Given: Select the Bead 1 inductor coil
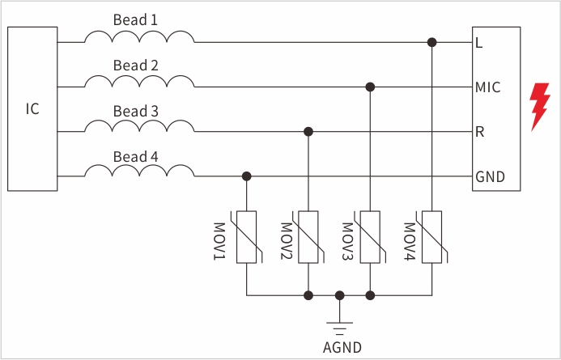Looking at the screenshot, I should [139, 37].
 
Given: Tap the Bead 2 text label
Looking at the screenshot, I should [135, 66].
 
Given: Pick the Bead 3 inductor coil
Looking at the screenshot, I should [139, 126].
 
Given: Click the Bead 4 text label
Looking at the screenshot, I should [135, 156].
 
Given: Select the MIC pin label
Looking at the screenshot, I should [488, 87].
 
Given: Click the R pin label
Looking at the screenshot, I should [480, 132].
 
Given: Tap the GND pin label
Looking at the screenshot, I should [490, 176].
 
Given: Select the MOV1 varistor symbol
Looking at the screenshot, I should [246, 236].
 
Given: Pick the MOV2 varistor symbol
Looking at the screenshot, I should [308, 236].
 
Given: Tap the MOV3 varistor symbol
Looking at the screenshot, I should [370, 236].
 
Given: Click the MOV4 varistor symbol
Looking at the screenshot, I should [432, 236].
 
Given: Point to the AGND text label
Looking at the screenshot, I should [341, 348].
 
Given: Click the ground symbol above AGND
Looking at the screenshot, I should [340, 325].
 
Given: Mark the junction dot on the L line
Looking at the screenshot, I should [432, 42].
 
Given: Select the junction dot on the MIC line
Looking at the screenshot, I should [370, 87].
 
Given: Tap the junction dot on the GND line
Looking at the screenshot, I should [246, 176].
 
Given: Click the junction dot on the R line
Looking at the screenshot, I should [308, 131].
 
